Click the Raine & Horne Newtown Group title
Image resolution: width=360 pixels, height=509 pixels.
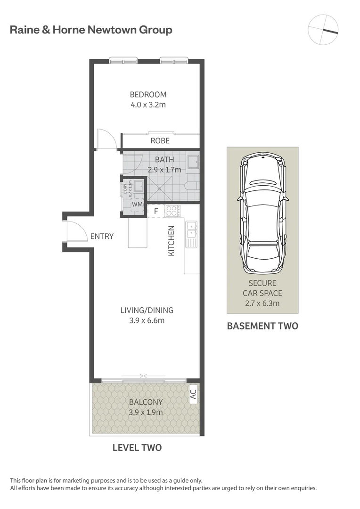click(91, 30)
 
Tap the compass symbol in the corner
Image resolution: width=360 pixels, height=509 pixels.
click(323, 29)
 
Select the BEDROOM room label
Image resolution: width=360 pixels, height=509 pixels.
click(148, 94)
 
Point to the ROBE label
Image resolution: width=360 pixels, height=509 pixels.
click(160, 140)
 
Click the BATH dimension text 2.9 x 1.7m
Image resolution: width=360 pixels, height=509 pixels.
click(164, 170)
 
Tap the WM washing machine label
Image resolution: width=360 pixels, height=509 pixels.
click(137, 205)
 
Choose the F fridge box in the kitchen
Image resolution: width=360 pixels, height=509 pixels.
click(155, 211)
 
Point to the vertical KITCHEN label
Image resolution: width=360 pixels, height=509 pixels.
click(172, 241)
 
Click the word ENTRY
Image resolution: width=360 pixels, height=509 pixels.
click(102, 236)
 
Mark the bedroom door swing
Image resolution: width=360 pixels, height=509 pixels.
click(107, 140)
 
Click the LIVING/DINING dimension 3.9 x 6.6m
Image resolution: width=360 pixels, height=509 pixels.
click(147, 320)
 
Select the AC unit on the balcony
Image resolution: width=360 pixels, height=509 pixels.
click(192, 394)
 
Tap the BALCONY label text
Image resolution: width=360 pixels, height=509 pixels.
click(146, 402)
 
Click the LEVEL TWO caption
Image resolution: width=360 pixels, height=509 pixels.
click(137, 447)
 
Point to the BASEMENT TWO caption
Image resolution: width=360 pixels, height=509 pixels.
click(262, 326)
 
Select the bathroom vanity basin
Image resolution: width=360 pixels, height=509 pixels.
click(192, 162)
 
